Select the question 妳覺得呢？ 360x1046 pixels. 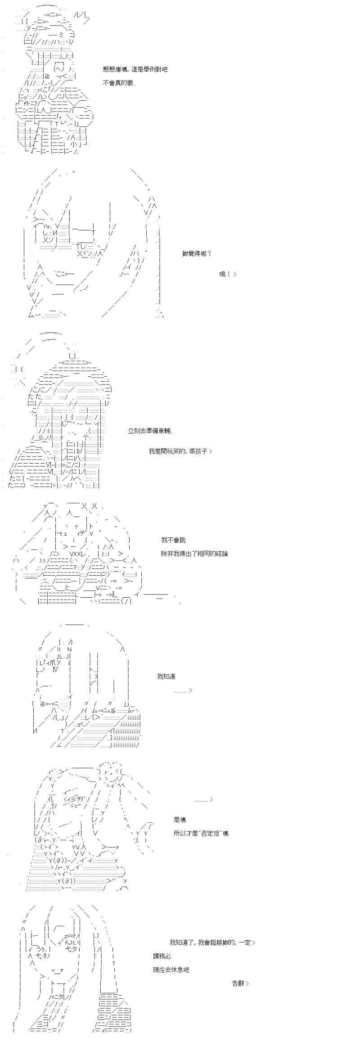pos(197,253)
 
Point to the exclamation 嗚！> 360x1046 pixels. pos(227,274)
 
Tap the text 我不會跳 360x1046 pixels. pos(173,540)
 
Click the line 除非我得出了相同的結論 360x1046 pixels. pos(194,553)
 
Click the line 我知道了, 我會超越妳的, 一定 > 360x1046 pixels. pos(212,929)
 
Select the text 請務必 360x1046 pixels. pos(162,943)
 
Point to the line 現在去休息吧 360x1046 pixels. pos(171,956)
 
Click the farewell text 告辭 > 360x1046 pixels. pos(240,970)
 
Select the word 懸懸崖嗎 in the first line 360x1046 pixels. pos(115,69)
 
